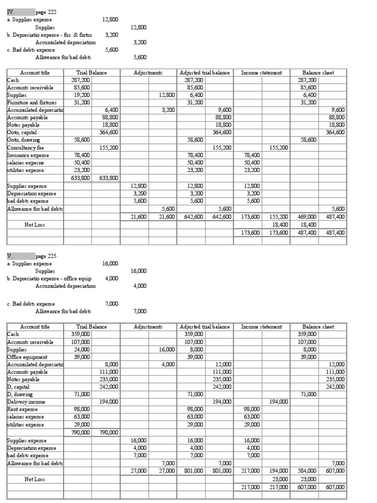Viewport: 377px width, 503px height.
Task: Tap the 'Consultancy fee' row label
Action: pos(26,147)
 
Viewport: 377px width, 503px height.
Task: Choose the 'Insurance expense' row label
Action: pos(27,155)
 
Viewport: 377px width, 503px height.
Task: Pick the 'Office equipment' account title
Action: pos(27,357)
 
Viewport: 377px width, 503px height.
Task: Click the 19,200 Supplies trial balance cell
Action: pos(81,95)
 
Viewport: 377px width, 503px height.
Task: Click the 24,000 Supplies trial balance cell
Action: pos(81,349)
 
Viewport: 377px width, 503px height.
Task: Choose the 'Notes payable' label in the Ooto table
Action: pos(23,125)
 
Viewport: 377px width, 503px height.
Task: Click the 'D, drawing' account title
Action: pos(20,394)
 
